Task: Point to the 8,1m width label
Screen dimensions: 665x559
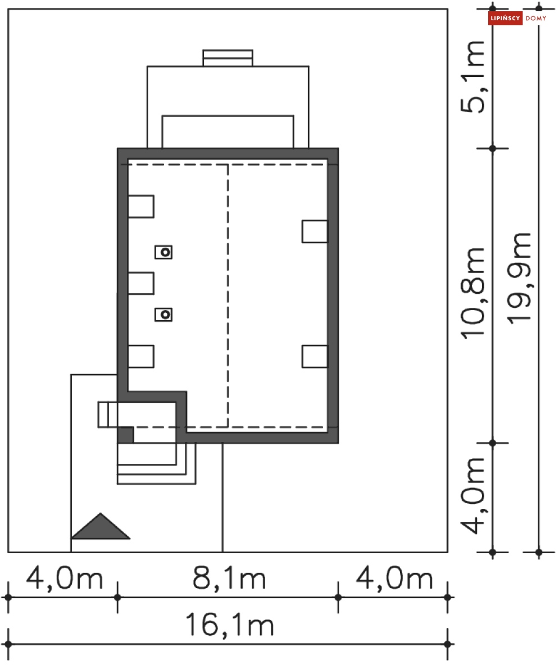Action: [x=229, y=579]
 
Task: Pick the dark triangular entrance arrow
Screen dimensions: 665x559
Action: [x=101, y=528]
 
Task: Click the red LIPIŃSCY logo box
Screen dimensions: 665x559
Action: [x=505, y=19]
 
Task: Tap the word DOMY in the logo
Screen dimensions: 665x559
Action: [x=536, y=19]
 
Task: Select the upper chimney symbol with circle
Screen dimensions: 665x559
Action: [x=164, y=253]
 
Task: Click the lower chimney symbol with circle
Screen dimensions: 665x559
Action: [x=164, y=315]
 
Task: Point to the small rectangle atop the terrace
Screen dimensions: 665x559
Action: [x=228, y=58]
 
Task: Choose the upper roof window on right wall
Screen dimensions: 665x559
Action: [x=315, y=231]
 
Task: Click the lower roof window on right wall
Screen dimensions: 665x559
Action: [x=315, y=356]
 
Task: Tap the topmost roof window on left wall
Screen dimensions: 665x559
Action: [x=140, y=206]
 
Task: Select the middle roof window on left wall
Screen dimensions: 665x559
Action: [x=140, y=283]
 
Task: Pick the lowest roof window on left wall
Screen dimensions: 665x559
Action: [x=140, y=356]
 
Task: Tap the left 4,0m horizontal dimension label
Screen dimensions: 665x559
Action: [x=65, y=579]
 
